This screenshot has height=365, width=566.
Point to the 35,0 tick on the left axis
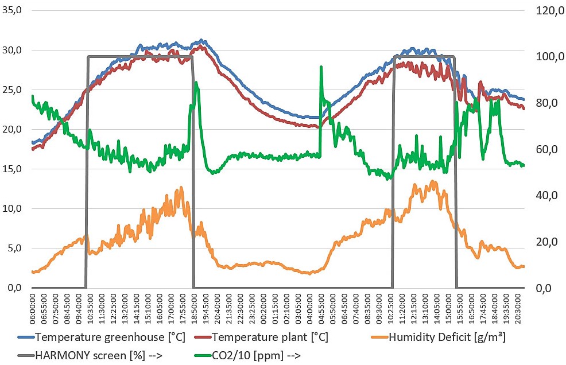point(11,10)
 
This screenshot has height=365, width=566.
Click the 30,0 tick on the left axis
point(11,50)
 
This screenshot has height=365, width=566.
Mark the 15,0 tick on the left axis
point(11,169)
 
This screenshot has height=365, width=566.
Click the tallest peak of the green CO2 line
point(321,67)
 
